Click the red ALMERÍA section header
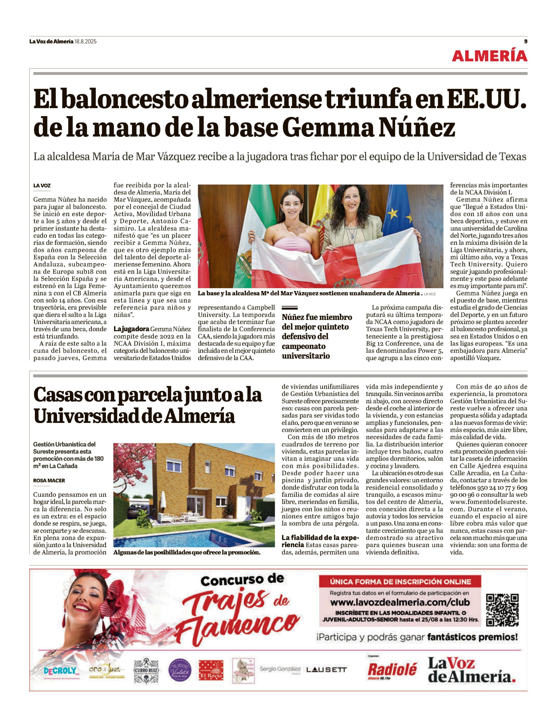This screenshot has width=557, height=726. pos(489,56)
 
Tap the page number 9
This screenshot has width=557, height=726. pos(526,41)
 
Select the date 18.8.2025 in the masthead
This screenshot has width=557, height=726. pos(85,41)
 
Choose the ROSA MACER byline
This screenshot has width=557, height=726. pos(49,480)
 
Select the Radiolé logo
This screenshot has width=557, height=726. pos(392,670)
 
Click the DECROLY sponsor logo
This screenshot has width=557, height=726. pos(60,671)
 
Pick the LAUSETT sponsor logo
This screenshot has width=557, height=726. pos(326,670)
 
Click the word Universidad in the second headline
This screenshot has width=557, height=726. pos(86,415)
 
